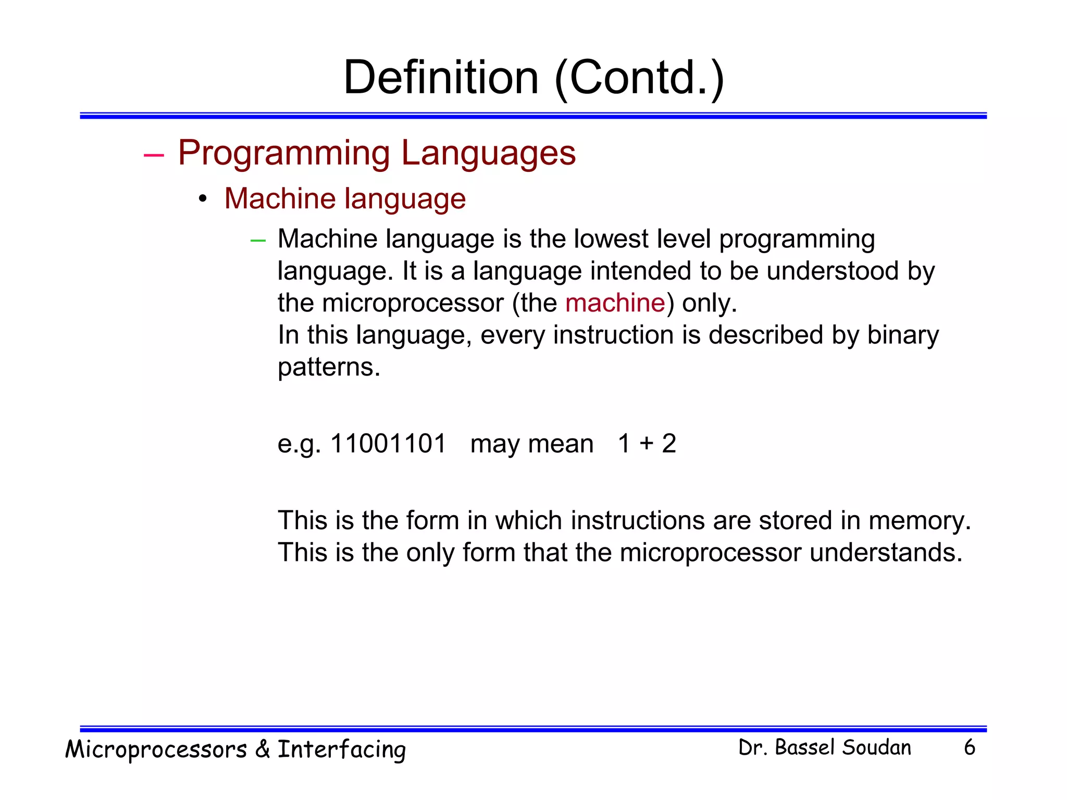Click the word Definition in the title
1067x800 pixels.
[x=441, y=78]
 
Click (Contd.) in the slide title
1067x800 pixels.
[x=639, y=78]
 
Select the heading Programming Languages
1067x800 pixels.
[x=377, y=153]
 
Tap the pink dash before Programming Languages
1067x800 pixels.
[x=154, y=155]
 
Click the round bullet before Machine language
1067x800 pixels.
[x=203, y=199]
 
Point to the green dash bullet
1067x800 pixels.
[x=258, y=241]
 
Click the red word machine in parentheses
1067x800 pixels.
[x=615, y=303]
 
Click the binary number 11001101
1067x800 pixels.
[x=388, y=444]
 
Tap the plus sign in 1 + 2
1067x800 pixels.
[x=647, y=444]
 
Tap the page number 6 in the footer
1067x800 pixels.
[x=969, y=747]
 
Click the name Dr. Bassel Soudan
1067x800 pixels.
[x=825, y=747]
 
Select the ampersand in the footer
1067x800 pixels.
[x=263, y=749]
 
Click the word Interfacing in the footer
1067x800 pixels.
[x=341, y=750]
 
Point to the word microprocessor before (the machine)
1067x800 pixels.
[x=413, y=304]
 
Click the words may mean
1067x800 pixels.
[x=531, y=444]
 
